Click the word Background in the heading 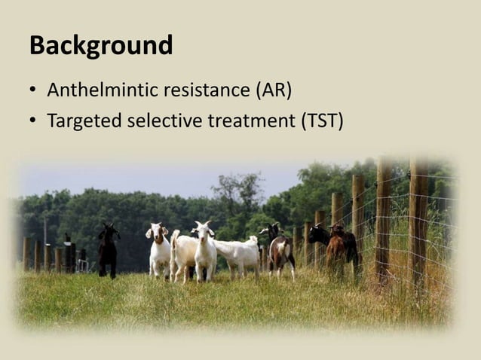[101, 45]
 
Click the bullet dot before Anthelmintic [34, 92]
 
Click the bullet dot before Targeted [34, 121]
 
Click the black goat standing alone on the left [108, 249]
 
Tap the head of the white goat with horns [202, 229]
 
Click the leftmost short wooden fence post [26, 254]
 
